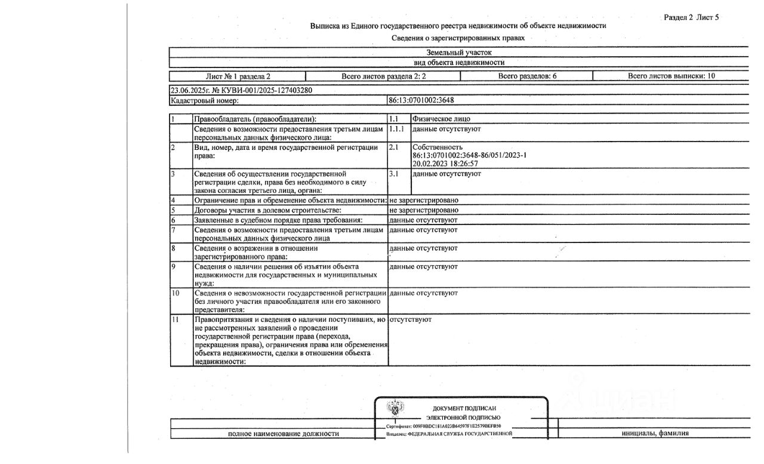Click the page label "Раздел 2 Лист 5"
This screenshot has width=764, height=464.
click(x=691, y=17)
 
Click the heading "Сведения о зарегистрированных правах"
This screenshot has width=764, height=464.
click(x=458, y=38)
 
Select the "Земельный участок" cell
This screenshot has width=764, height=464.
click(x=459, y=53)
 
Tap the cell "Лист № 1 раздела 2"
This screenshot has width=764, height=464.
click(x=238, y=76)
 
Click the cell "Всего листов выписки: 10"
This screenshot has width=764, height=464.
click(x=671, y=76)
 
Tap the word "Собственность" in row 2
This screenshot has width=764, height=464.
click(x=437, y=147)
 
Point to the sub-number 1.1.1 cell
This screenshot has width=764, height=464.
click(x=396, y=129)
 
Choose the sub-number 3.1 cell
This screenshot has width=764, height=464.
click(x=394, y=174)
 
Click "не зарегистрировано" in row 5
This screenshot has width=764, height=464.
click(x=424, y=210)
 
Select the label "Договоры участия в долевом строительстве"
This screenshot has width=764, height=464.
click(x=267, y=210)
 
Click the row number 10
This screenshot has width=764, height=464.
click(x=175, y=293)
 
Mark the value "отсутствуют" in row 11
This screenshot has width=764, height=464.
click(x=410, y=319)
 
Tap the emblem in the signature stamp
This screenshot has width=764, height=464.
click(x=395, y=410)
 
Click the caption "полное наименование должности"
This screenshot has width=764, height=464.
click(x=284, y=434)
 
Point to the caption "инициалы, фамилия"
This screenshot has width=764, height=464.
click(x=655, y=434)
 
